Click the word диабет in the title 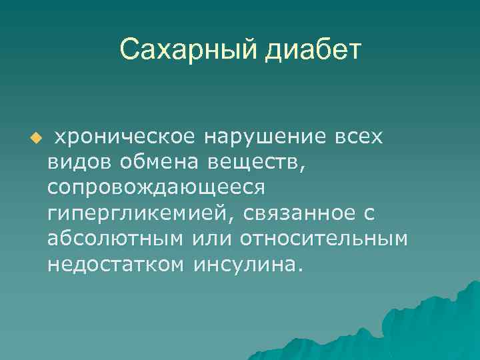(313, 51)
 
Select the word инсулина (244, 264)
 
